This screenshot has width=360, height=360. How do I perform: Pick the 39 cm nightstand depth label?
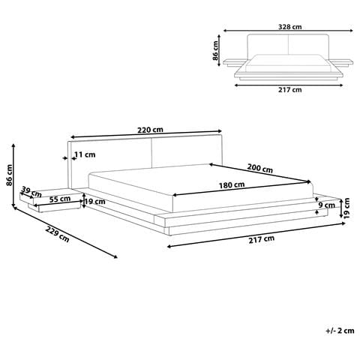coord(30,190)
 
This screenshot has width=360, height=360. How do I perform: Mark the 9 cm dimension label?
coord(327,205)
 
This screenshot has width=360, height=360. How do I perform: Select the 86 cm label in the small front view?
coord(216,51)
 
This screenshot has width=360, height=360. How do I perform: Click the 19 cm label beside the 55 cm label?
coord(94,202)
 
